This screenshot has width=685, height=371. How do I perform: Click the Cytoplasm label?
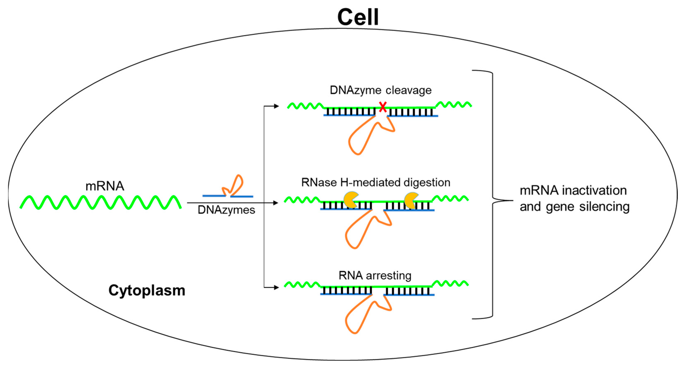(147, 290)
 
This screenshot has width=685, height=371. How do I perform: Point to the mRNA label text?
(105, 186)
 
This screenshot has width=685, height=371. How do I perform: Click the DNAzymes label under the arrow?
(226, 210)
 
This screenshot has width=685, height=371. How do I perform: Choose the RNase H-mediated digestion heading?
(376, 182)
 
